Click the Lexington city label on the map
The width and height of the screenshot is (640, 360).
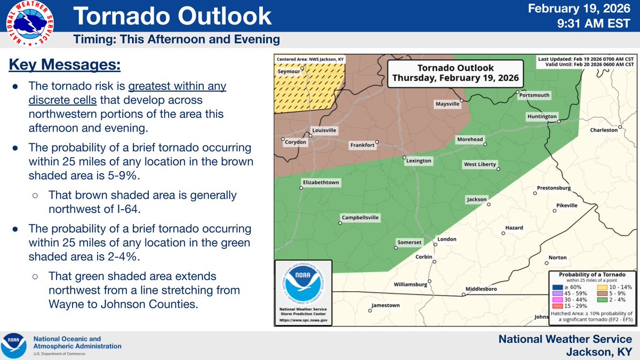pyautogui.click(x=418, y=161)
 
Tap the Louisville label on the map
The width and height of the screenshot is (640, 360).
pyautogui.click(x=324, y=130)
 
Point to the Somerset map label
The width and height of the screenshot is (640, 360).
pyautogui.click(x=410, y=242)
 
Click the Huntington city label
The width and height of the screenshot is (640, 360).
pyautogui.click(x=542, y=116)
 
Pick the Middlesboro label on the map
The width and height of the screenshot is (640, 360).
pyautogui.click(x=481, y=289)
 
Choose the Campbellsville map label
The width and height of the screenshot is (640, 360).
pyautogui.click(x=360, y=218)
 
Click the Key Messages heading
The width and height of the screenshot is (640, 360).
pyautogui.click(x=65, y=66)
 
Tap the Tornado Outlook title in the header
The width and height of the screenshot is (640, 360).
pyautogui.click(x=172, y=16)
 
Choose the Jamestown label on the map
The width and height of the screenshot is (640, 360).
pyautogui.click(x=385, y=306)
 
